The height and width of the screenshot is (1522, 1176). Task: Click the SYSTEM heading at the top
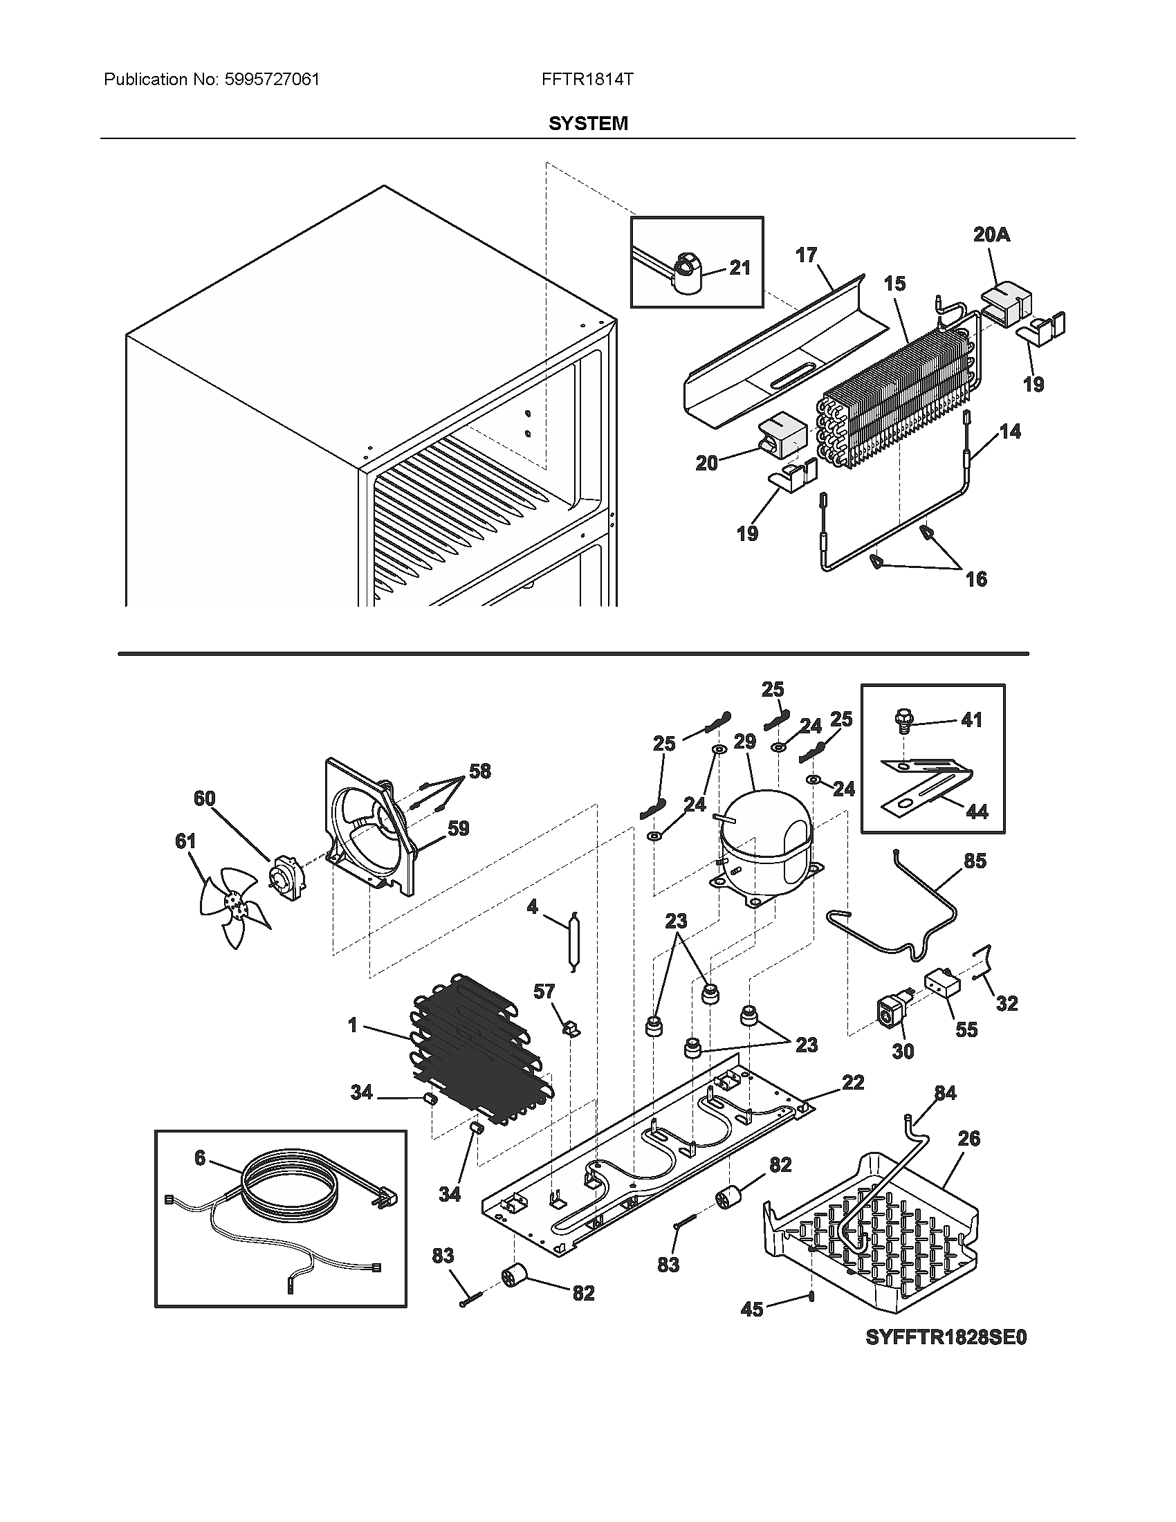(588, 123)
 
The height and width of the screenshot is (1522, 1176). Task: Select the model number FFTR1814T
(587, 80)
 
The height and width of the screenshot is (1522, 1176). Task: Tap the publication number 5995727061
(273, 80)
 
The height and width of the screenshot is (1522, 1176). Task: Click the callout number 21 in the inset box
(740, 268)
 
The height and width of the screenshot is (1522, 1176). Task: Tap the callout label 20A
(991, 235)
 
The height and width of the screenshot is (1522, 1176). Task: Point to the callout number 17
(806, 256)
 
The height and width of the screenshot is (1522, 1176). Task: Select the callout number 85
(975, 861)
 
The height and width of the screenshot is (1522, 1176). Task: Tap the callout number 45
(752, 1310)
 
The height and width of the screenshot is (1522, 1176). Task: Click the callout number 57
(545, 991)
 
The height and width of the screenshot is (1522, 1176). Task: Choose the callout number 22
(853, 1082)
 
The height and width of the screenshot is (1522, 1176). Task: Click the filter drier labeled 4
(573, 940)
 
